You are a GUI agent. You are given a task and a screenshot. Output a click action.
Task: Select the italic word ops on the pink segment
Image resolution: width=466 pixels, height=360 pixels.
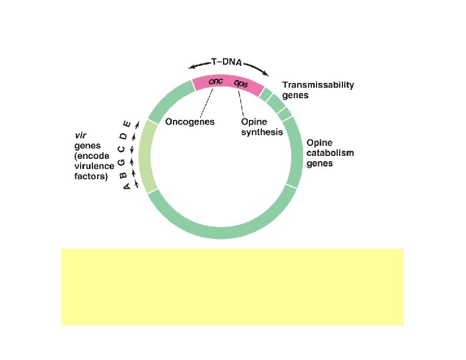click(x=241, y=84)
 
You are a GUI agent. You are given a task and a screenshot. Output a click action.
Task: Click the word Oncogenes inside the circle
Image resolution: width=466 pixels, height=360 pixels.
click(x=191, y=122)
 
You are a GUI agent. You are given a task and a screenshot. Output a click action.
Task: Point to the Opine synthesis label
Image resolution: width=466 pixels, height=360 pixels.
click(x=262, y=127)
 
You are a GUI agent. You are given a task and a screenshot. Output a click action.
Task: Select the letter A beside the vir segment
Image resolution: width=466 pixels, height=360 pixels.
click(x=126, y=187)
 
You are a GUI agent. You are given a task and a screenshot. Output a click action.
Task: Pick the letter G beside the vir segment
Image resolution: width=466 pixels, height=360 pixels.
click(x=122, y=162)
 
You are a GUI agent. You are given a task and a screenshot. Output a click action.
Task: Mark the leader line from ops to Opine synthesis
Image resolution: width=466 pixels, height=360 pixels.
click(x=241, y=105)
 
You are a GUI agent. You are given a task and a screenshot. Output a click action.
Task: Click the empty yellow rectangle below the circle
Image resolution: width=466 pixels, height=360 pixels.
click(x=232, y=286)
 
